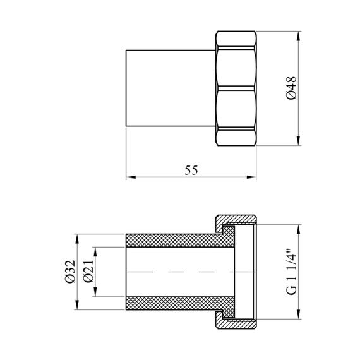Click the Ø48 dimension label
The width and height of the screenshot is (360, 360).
292,88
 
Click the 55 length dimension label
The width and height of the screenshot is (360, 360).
191,171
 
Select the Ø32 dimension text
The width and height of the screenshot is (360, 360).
70,272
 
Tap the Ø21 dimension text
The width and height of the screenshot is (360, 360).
88,272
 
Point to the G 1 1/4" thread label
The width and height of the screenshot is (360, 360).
292,272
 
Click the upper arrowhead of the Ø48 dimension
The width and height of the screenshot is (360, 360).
298,36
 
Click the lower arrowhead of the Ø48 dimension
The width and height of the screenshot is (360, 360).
298,140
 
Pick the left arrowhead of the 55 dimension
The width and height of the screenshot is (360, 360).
131,177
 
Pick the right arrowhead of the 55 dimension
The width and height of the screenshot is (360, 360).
251,177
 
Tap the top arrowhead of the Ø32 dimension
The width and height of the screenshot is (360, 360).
77,239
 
